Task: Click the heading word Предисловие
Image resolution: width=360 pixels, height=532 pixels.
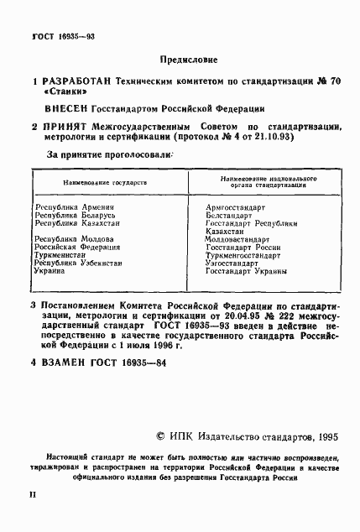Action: [187, 60]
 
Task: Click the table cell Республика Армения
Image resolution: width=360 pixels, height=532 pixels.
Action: [74, 206]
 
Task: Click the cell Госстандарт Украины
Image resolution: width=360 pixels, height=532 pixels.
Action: [246, 271]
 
